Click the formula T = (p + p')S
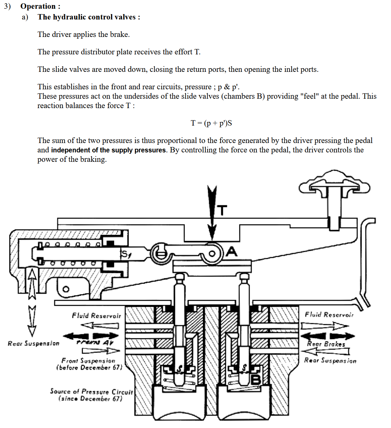pyautogui.click(x=211, y=123)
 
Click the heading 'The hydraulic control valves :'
pyautogui.click(x=89, y=17)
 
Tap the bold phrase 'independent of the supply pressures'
pyautogui.click(x=109, y=150)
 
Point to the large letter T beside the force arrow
pyautogui.click(x=222, y=210)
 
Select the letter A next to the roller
pyautogui.click(x=232, y=251)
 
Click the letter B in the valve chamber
pyautogui.click(x=256, y=379)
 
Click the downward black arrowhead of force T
pyautogui.click(x=212, y=232)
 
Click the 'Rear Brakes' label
pyautogui.click(x=326, y=344)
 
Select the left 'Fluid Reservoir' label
pyautogui.click(x=96, y=316)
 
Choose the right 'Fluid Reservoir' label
pyautogui.click(x=329, y=315)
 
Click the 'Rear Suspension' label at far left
pyautogui.click(x=33, y=343)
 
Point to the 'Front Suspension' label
pyautogui.click(x=88, y=361)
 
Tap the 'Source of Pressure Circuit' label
pyautogui.click(x=91, y=392)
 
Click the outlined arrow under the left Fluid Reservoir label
pyautogui.click(x=100, y=326)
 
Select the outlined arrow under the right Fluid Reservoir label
pyautogui.click(x=324, y=326)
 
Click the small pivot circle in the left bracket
pyautogui.click(x=66, y=289)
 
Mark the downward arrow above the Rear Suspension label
pyautogui.click(x=32, y=321)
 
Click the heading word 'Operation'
pyautogui.click(x=38, y=6)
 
